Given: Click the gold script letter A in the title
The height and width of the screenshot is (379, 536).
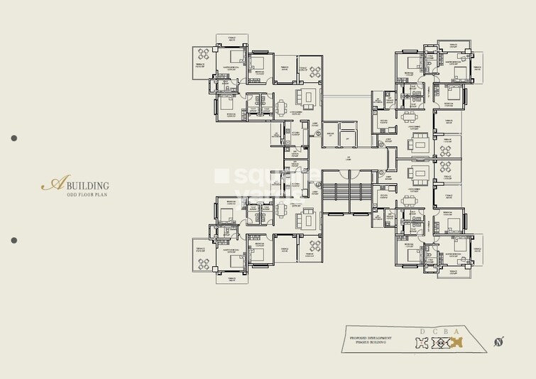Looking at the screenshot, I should click(x=50, y=185).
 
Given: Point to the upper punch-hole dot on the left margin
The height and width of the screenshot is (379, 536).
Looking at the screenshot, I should click(x=13, y=138).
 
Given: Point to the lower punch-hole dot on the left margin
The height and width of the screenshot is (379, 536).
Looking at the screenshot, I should click(x=13, y=241).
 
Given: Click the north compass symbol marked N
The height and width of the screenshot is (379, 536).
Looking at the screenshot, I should click(x=499, y=343).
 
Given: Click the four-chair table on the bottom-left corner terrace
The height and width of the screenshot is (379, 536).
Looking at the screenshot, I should click(x=203, y=263).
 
